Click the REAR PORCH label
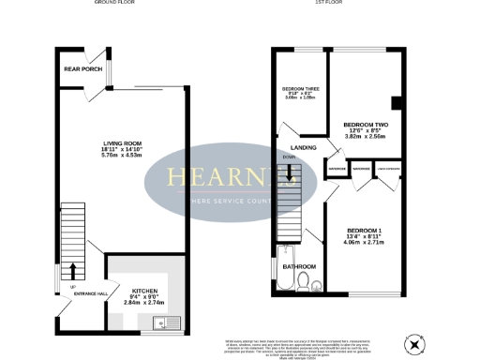click(82, 69)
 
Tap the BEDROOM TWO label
click(365, 125)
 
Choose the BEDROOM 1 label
click(362, 231)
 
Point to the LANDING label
click(302, 148)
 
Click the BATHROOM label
click(300, 267)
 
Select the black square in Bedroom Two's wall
click(397, 103)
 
